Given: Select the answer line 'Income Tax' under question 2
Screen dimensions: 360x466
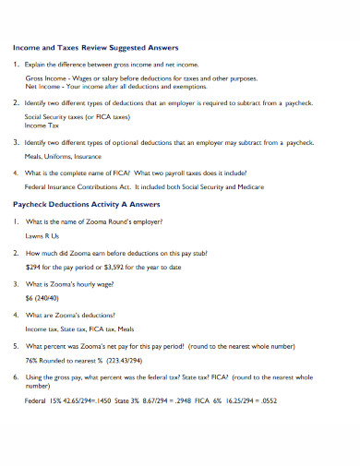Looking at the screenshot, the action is [x=42, y=128].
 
